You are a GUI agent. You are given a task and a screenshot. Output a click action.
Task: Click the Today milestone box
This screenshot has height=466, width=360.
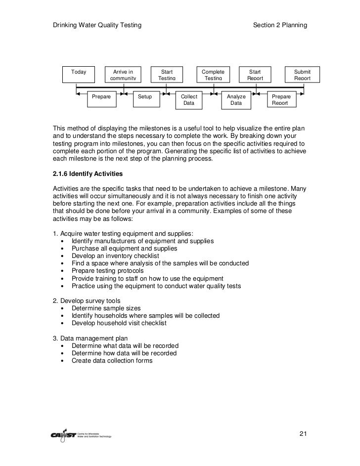(79, 74)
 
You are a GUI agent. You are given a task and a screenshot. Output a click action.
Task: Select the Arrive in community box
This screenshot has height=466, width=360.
(123, 74)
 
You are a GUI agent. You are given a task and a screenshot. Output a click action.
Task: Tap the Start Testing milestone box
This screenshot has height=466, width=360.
(167, 74)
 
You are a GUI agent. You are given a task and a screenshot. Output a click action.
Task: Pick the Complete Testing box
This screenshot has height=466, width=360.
(213, 74)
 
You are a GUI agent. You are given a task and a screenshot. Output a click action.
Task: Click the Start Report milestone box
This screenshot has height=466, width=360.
(255, 74)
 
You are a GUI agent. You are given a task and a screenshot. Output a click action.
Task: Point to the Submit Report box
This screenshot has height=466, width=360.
(302, 74)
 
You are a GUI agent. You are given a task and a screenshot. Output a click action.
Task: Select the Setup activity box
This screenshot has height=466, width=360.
(145, 99)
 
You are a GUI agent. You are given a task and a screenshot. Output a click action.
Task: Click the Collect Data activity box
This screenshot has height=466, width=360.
(189, 99)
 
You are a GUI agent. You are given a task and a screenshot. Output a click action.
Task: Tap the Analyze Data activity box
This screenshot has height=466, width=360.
(236, 99)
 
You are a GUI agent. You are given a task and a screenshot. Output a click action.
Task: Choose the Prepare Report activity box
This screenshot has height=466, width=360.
(280, 99)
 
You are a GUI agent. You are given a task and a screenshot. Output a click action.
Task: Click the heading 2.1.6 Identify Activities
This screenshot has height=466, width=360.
(88, 174)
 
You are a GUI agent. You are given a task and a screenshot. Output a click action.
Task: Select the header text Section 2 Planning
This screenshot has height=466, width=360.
(280, 25)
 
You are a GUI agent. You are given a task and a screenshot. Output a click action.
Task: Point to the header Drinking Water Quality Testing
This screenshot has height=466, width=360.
(97, 25)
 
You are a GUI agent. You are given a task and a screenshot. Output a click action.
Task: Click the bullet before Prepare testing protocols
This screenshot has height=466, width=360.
(62, 271)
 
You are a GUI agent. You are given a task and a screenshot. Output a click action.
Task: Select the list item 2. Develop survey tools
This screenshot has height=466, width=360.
(87, 300)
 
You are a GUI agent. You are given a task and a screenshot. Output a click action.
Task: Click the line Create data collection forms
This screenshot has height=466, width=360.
(112, 360)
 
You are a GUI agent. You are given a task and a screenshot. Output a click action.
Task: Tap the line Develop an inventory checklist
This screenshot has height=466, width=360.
(118, 256)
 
